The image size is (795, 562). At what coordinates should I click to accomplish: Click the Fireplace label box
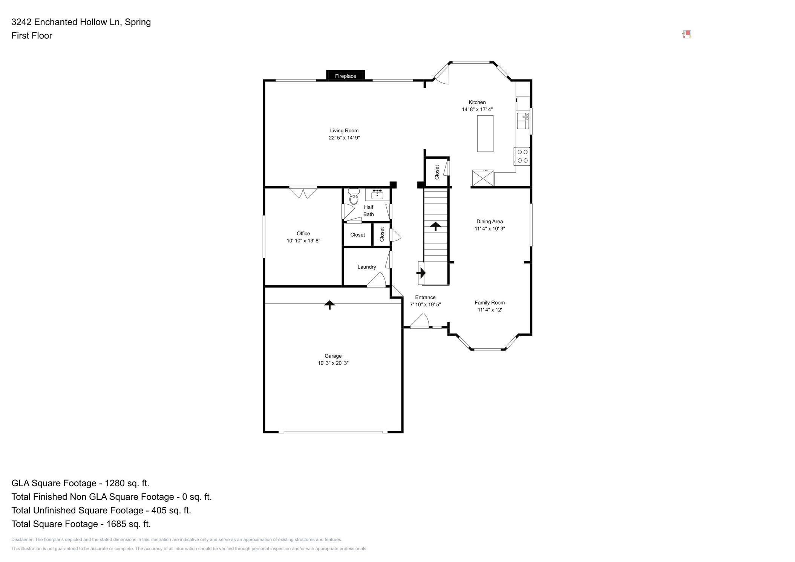click(345, 75)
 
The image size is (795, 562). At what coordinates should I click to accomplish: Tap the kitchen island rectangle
click(485, 133)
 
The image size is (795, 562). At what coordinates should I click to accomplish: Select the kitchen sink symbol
click(522, 121)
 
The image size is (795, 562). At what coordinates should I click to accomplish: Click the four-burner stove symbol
click(522, 156)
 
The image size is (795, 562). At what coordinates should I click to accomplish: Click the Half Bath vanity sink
click(377, 194)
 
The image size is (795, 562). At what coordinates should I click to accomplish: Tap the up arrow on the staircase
click(435, 226)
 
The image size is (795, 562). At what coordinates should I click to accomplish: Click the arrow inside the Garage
click(329, 305)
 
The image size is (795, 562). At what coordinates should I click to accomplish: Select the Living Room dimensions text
click(344, 138)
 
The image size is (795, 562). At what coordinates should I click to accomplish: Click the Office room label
click(303, 233)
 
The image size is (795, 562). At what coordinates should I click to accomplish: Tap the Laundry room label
click(366, 267)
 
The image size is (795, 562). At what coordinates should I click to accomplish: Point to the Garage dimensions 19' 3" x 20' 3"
click(333, 363)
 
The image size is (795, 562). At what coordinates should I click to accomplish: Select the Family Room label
click(489, 302)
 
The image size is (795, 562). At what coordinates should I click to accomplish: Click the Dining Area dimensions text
click(489, 228)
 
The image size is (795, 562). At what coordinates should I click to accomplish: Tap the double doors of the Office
click(303, 192)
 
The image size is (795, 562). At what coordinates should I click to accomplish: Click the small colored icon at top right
click(687, 34)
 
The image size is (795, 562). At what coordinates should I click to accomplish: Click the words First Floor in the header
click(32, 35)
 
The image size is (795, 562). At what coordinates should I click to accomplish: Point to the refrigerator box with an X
click(483, 178)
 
